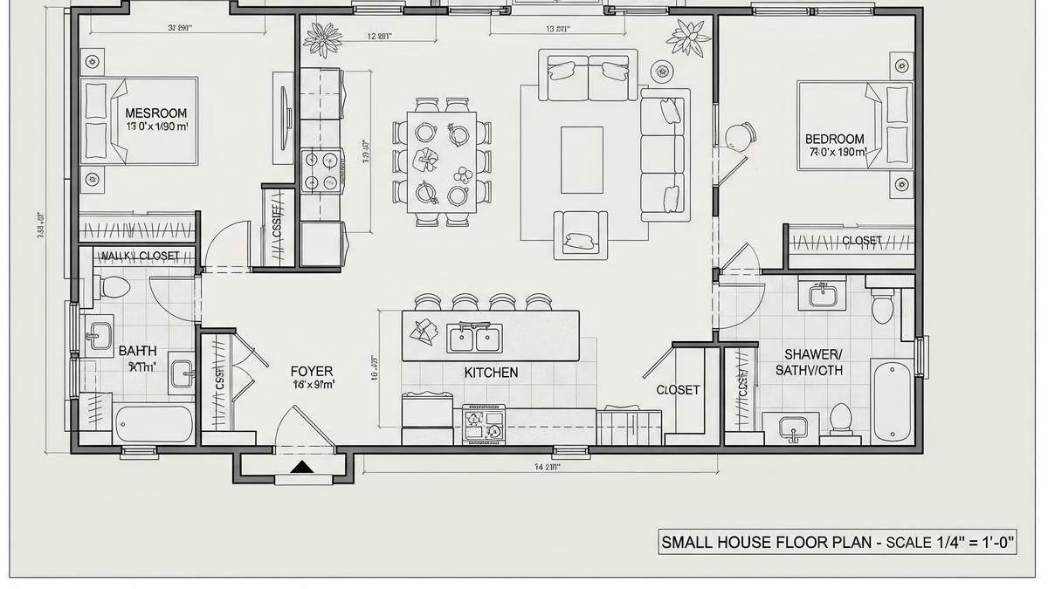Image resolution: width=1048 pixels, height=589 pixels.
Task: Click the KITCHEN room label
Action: coord(491,373)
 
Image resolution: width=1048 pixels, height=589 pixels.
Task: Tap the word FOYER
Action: coord(312,372)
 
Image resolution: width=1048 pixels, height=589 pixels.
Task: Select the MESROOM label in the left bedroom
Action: coord(155,113)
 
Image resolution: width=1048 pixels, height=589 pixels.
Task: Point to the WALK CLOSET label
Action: coord(140,257)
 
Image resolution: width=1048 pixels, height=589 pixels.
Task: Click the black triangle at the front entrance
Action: coord(301,468)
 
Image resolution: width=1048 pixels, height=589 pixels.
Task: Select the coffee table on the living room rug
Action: coord(582,160)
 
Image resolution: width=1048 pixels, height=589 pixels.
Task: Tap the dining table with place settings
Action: coord(441,162)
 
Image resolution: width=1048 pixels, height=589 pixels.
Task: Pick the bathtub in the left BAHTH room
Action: coord(154,424)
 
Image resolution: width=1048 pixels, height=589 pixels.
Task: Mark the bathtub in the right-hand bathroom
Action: coord(892,400)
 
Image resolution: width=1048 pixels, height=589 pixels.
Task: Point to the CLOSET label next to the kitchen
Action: coord(678,390)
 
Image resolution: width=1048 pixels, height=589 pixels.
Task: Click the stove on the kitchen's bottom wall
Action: coord(484,423)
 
